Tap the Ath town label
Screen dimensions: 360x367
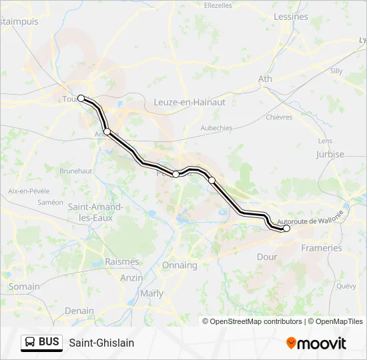click(265, 79)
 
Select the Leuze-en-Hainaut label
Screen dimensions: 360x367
click(190, 102)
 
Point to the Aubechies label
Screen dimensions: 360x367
click(216, 128)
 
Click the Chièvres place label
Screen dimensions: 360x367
click(279, 117)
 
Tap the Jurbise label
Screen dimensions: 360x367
click(330, 154)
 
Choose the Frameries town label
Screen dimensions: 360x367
click(322, 248)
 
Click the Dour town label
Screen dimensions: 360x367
click(267, 256)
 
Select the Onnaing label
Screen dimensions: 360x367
click(179, 265)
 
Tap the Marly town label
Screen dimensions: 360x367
click(151, 293)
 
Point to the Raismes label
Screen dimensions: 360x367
click(122, 262)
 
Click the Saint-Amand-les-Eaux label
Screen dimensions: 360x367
click(95, 212)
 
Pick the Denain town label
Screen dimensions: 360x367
click(79, 311)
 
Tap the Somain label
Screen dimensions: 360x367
click(24, 287)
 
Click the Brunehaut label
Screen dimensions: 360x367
click(75, 171)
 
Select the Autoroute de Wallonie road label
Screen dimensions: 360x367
click(310, 219)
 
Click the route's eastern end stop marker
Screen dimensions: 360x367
click(287, 229)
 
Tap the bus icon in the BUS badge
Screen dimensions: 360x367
click(31, 342)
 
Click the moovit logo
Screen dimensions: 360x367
click(316, 343)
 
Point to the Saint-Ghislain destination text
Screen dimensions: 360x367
click(101, 343)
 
